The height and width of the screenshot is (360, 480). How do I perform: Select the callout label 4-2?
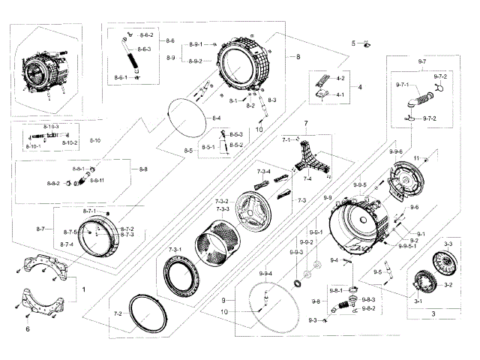point(340,79)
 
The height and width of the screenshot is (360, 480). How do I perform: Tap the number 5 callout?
point(353,43)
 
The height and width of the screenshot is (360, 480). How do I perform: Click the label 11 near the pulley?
point(415,156)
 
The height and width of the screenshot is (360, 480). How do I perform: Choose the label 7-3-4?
point(262,172)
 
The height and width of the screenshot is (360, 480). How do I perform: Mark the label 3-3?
point(448,244)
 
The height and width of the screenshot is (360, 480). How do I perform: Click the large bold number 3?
point(433,313)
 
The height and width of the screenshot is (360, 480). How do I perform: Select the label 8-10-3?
point(52,127)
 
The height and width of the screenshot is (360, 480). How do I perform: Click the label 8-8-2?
point(53,183)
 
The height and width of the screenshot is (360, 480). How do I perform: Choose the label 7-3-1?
point(175,249)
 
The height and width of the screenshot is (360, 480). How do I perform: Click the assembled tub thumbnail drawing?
point(43,73)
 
